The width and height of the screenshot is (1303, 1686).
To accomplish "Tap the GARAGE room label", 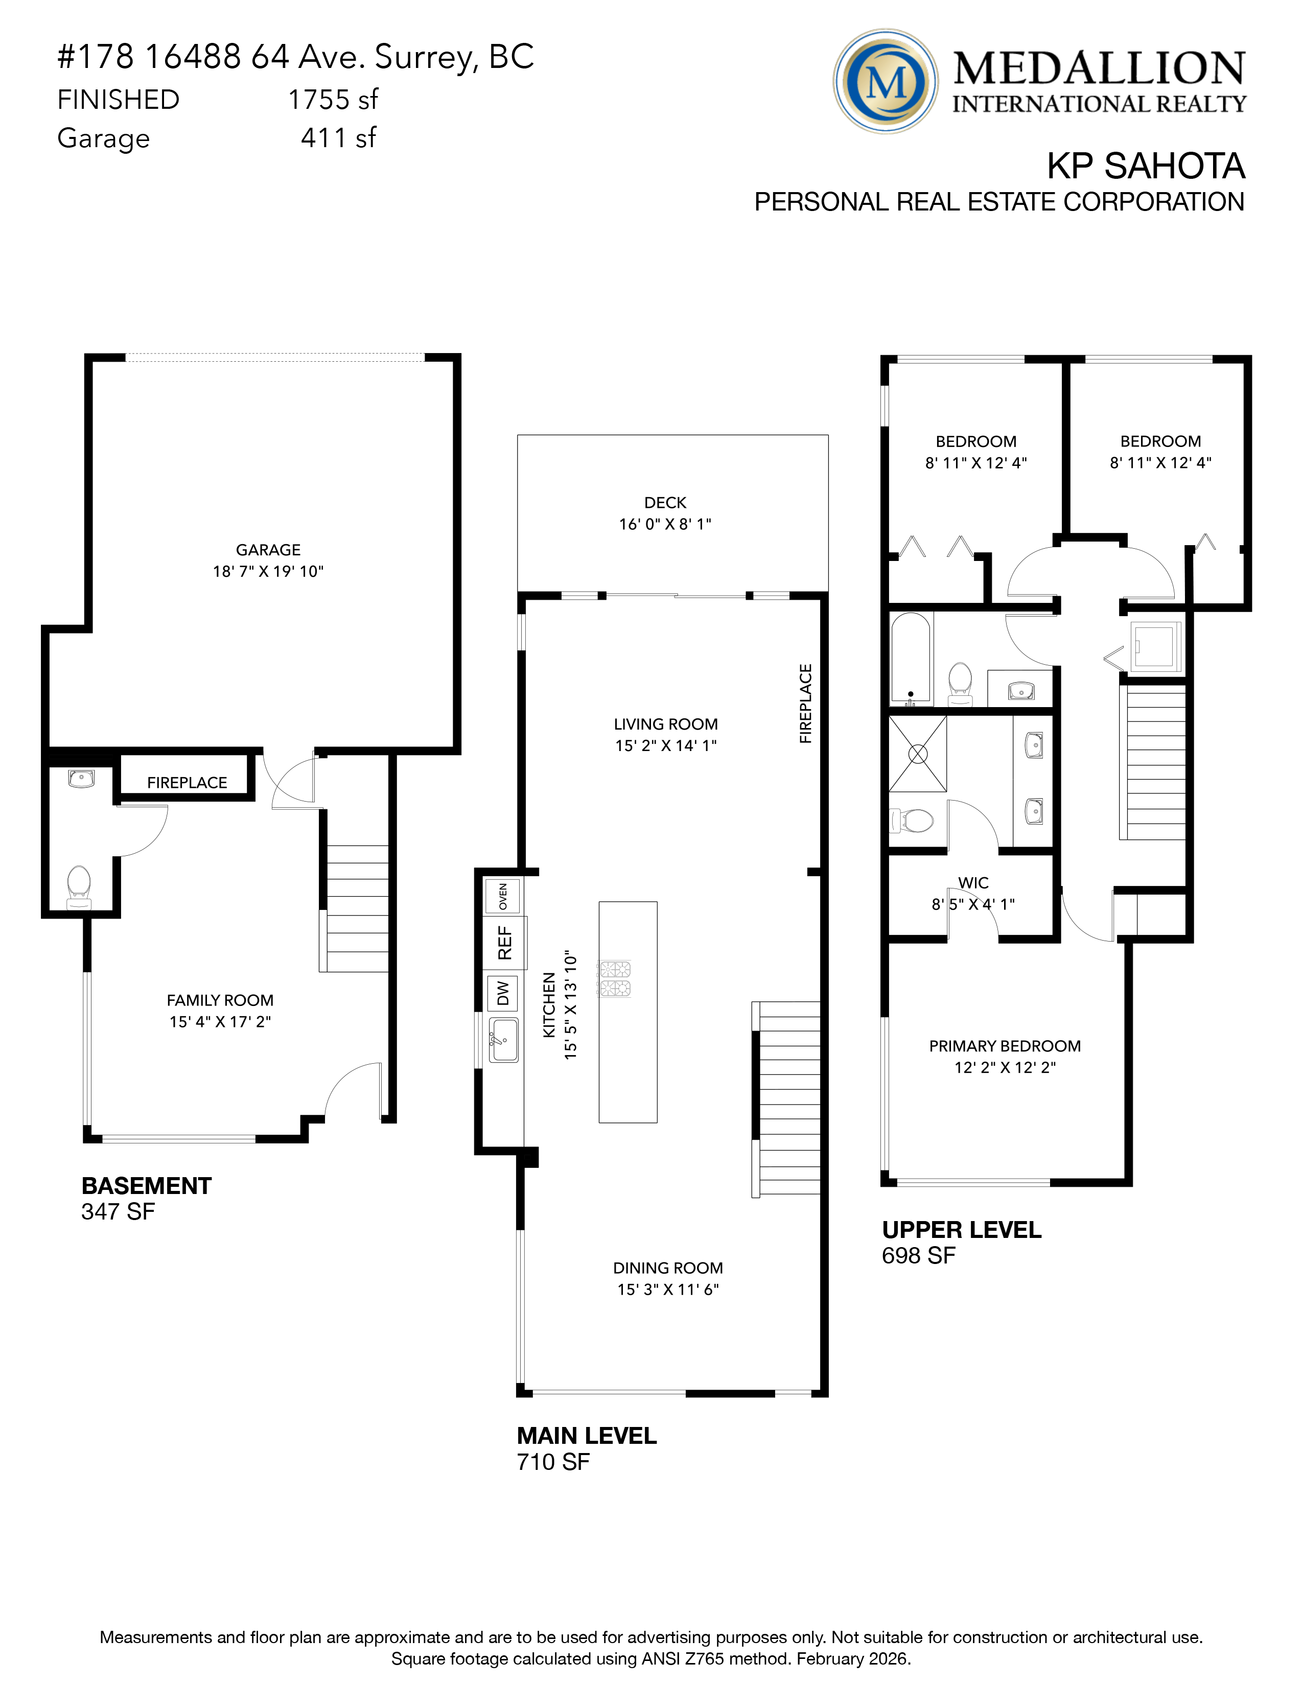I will pos(268,550).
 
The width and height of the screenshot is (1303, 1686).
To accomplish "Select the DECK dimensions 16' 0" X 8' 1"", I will pos(665,524).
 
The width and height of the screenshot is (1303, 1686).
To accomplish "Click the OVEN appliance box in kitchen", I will pos(502,896).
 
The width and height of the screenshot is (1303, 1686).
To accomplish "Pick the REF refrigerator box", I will pos(505,943).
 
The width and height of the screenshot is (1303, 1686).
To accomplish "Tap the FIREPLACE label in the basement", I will pos(187,783).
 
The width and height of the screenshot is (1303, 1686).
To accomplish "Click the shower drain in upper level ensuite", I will pos(918,754).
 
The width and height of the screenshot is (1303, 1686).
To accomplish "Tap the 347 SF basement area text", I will pos(118,1211).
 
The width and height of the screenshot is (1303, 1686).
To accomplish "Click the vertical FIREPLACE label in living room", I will pos(806,704).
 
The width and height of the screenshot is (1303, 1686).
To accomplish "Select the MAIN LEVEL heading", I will pos(586,1436).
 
